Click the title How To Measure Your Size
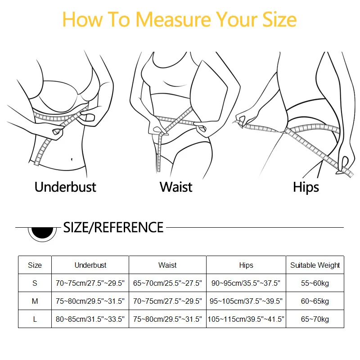(x=180, y=20)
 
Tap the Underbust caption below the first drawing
(x=65, y=187)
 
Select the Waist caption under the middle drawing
(x=176, y=187)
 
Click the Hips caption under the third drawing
(x=306, y=187)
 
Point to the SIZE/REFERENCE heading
(x=113, y=227)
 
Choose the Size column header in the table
(x=35, y=265)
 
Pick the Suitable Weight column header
(x=315, y=265)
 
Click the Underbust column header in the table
(x=90, y=265)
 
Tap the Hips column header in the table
(x=246, y=265)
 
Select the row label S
(x=35, y=283)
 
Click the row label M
(x=35, y=301)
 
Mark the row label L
(x=35, y=319)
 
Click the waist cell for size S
(x=167, y=283)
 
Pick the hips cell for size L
(x=246, y=319)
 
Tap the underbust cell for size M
(x=90, y=301)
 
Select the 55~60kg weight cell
(x=315, y=283)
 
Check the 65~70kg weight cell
(x=315, y=319)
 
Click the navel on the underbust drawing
(x=72, y=158)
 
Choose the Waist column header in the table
(x=167, y=265)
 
